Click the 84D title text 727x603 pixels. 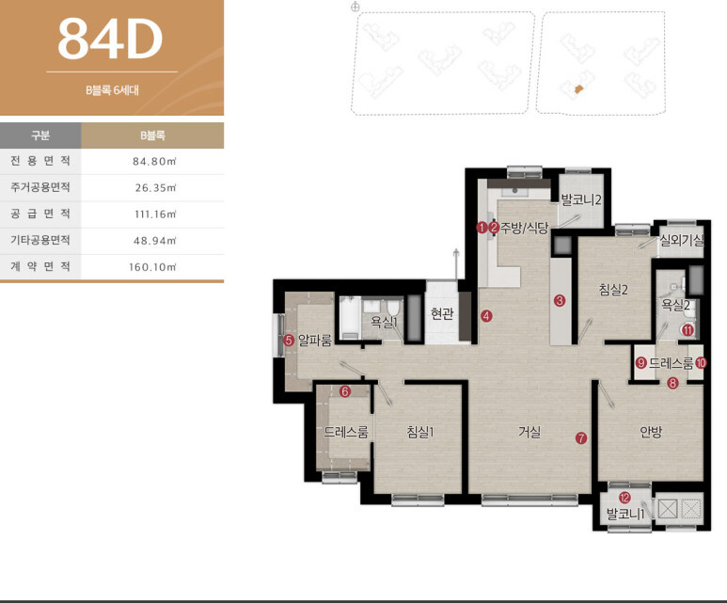point(110,39)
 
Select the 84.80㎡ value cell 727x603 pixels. point(154,162)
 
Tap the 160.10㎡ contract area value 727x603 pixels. point(152,267)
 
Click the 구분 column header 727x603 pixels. point(40,135)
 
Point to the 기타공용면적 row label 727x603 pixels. point(40,240)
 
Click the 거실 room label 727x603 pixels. point(529,432)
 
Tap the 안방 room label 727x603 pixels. point(651,432)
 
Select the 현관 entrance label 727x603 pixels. point(442,314)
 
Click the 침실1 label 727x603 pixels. point(420,432)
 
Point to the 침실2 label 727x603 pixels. point(613,290)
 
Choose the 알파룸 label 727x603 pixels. point(315,340)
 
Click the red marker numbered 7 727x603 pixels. point(581,437)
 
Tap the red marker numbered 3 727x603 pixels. point(560,301)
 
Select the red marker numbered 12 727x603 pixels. point(624,498)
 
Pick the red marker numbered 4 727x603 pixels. point(486,316)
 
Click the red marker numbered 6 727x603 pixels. point(344,391)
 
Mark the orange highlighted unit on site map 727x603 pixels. point(577,88)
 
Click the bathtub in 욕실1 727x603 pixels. point(350,319)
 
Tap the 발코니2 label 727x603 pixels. point(581,200)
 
